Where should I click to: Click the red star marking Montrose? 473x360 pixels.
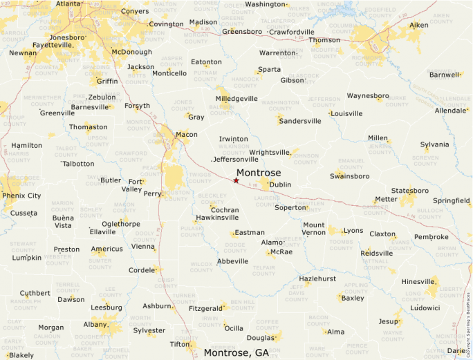click(236, 180)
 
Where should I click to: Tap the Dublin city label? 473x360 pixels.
click(280, 185)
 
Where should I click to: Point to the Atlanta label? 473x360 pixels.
click(68, 3)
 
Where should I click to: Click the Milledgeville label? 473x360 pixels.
click(236, 99)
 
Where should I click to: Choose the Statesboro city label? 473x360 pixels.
click(410, 190)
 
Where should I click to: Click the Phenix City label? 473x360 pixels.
click(21, 196)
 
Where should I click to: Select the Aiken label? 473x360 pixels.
click(419, 25)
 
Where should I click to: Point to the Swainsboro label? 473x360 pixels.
click(350, 176)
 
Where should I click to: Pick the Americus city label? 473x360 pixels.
click(106, 249)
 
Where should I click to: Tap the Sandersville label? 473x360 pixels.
click(299, 121)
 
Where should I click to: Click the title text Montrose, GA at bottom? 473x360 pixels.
click(236, 353)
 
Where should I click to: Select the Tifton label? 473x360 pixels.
click(180, 344)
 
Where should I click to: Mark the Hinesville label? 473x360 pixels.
click(419, 282)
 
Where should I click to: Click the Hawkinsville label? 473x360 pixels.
click(217, 218)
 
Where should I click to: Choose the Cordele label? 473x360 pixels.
click(142, 270)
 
